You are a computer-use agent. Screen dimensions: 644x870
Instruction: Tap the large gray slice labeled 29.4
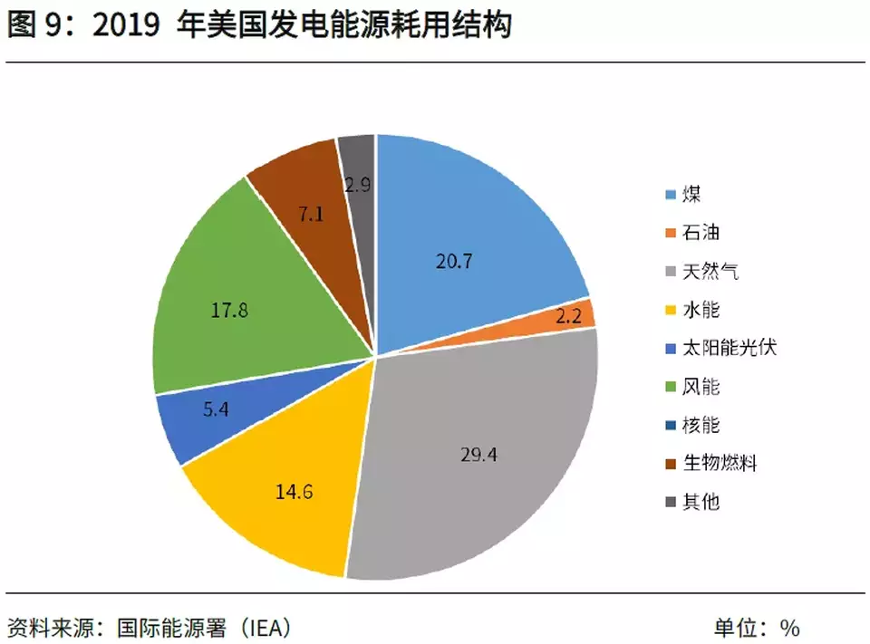tap(480, 453)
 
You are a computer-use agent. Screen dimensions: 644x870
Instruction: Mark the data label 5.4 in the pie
tap(216, 409)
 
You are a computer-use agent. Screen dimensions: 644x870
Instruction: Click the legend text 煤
tap(691, 194)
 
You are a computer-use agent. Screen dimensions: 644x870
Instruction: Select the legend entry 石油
tap(701, 233)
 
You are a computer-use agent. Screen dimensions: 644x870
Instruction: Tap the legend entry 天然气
tap(710, 271)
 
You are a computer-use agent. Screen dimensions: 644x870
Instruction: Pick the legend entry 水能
tap(701, 310)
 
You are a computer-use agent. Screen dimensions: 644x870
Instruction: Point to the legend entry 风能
tap(701, 387)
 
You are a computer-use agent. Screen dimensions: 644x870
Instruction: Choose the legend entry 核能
tap(701, 425)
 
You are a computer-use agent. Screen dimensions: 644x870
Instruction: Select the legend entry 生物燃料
tap(720, 463)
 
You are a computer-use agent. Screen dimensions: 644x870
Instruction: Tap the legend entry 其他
tap(701, 501)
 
